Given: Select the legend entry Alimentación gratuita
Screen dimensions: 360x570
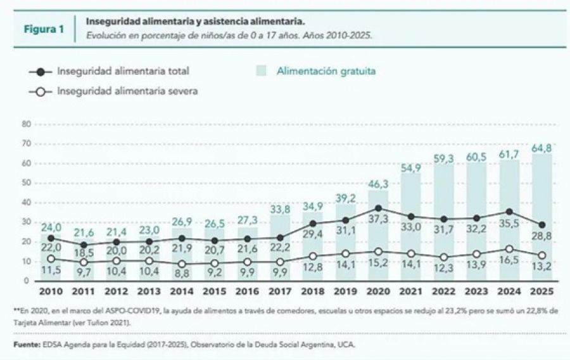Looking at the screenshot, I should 326,71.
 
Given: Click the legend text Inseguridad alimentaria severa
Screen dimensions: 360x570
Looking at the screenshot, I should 127,91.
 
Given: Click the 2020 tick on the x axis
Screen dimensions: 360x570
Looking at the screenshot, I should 377,292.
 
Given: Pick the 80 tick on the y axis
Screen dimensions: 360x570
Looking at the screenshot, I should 26,124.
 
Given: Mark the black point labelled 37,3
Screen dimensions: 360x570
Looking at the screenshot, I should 377,208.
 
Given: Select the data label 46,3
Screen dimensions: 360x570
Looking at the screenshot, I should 377,183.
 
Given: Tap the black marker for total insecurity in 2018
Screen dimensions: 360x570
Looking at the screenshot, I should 313,224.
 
